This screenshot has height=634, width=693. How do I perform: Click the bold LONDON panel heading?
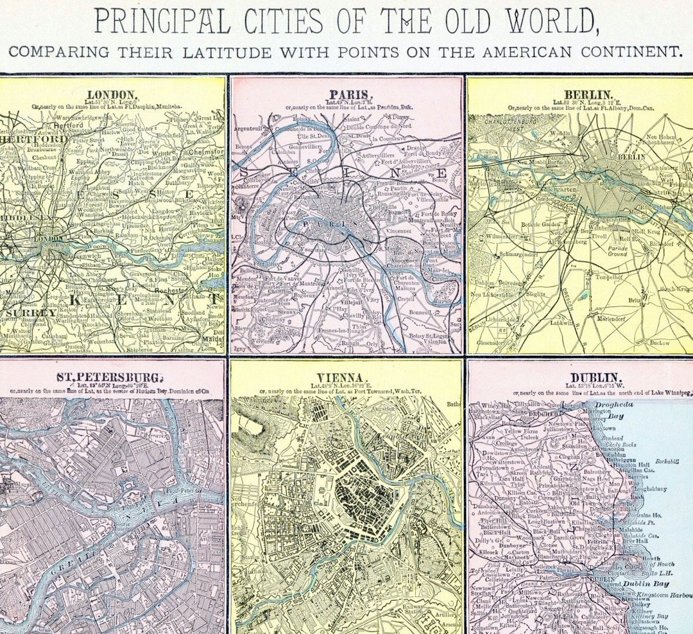113,94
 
